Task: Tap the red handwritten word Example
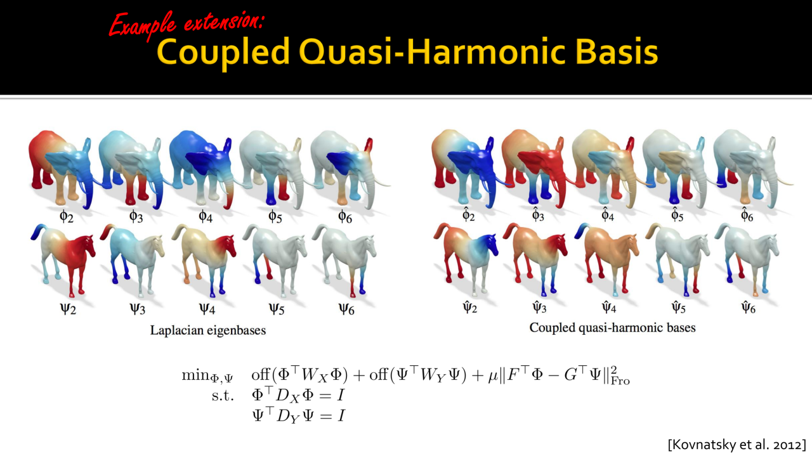pyautogui.click(x=142, y=25)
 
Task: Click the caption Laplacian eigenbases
pyautogui.click(x=208, y=330)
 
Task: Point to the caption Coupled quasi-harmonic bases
pyautogui.click(x=612, y=328)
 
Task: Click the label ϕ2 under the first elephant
pyautogui.click(x=67, y=216)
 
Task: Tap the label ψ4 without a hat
pyautogui.click(x=207, y=309)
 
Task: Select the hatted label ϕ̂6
pyautogui.click(x=747, y=215)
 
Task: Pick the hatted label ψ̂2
pyautogui.click(x=470, y=307)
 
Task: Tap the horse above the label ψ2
pyautogui.click(x=64, y=259)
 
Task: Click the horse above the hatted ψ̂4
pyautogui.click(x=606, y=259)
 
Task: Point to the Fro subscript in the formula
pyautogui.click(x=620, y=381)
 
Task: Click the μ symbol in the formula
pyautogui.click(x=493, y=376)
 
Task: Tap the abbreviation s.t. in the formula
pyautogui.click(x=223, y=396)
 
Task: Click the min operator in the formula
pyautogui.click(x=196, y=375)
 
